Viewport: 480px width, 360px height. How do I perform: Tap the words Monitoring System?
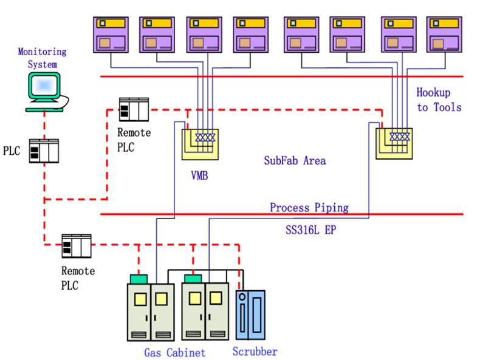[42, 58]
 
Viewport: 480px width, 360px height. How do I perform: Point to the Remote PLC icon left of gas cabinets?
[77, 246]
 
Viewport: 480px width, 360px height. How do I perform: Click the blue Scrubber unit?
[250, 314]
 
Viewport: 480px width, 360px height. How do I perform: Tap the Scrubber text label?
[255, 352]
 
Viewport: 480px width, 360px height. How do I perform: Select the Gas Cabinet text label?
[174, 352]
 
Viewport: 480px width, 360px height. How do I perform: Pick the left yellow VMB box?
[200, 144]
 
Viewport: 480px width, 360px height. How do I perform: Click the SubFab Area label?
[295, 161]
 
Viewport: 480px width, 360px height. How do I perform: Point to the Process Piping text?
[309, 208]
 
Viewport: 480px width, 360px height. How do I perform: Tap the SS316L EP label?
[309, 231]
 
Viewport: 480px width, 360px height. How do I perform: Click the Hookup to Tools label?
[439, 100]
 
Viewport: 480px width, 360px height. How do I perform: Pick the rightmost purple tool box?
[445, 34]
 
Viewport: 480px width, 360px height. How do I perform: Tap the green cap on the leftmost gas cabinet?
[139, 279]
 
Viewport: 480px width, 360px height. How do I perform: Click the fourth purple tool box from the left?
[250, 34]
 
